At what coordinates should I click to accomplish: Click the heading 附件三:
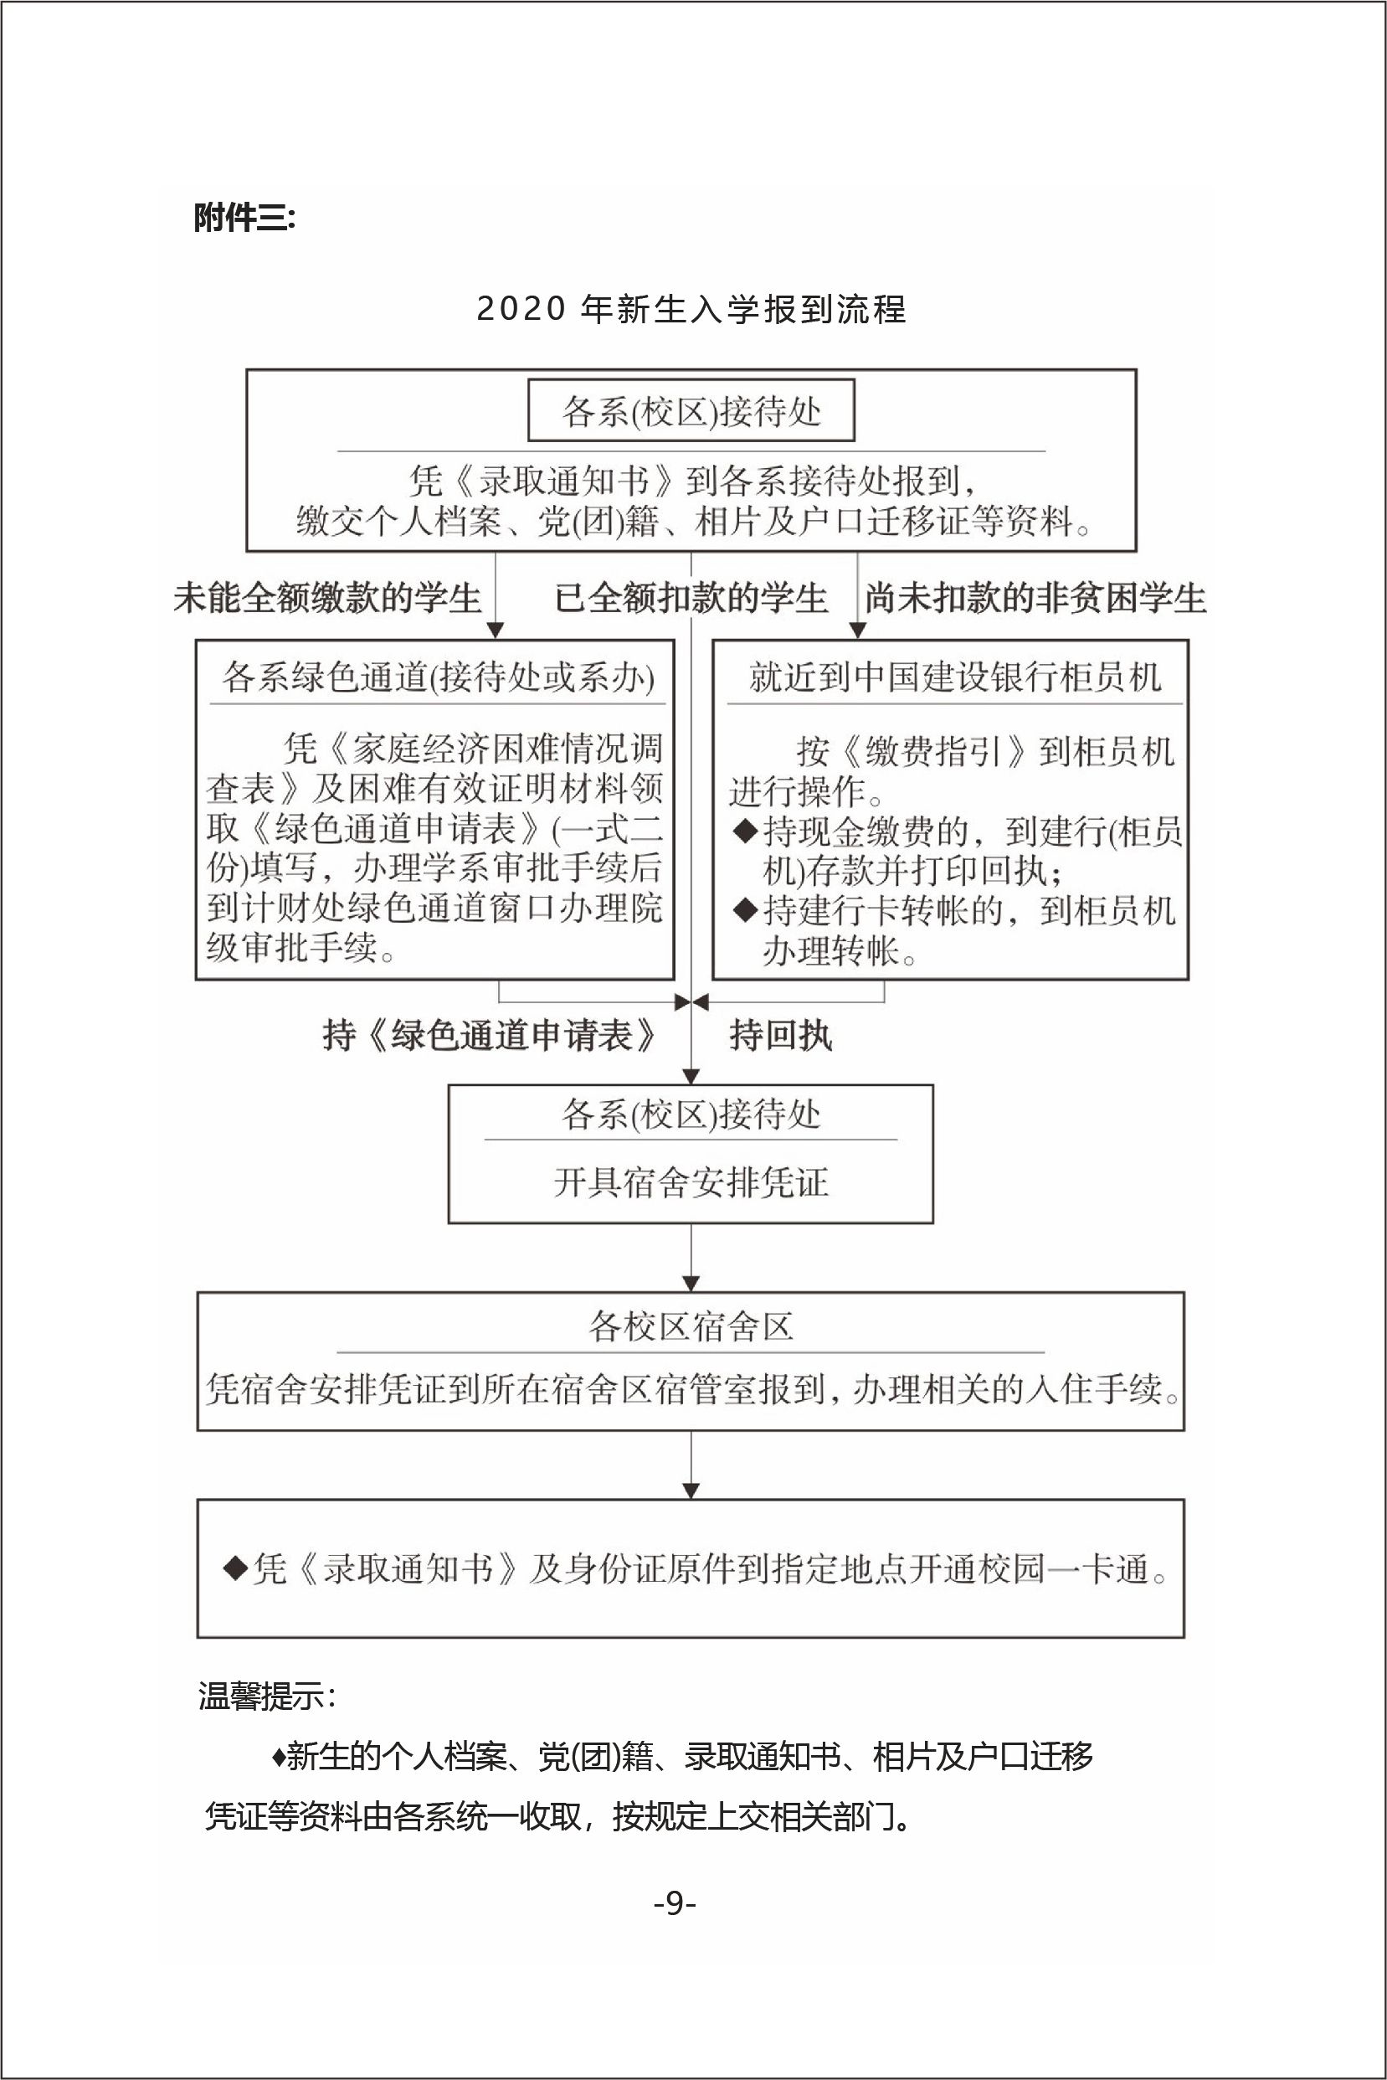click(244, 218)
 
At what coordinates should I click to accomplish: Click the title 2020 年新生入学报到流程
click(691, 310)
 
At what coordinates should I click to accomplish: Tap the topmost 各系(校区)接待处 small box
click(691, 411)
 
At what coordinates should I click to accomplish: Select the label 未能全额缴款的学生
click(327, 598)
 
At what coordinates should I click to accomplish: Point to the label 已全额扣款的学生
click(691, 598)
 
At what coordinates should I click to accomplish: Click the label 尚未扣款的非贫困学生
click(1035, 598)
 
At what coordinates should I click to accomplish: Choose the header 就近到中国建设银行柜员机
click(954, 677)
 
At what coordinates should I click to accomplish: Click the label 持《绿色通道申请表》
click(489, 1035)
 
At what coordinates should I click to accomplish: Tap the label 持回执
click(780, 1035)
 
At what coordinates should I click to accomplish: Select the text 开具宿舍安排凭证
click(691, 1183)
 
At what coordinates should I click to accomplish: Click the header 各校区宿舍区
click(691, 1327)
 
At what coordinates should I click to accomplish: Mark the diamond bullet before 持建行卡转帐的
click(747, 909)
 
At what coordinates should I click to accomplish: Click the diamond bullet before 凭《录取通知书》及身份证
click(235, 1568)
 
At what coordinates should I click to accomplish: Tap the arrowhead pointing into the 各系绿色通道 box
click(496, 630)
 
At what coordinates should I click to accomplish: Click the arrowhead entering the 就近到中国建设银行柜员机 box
click(857, 630)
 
